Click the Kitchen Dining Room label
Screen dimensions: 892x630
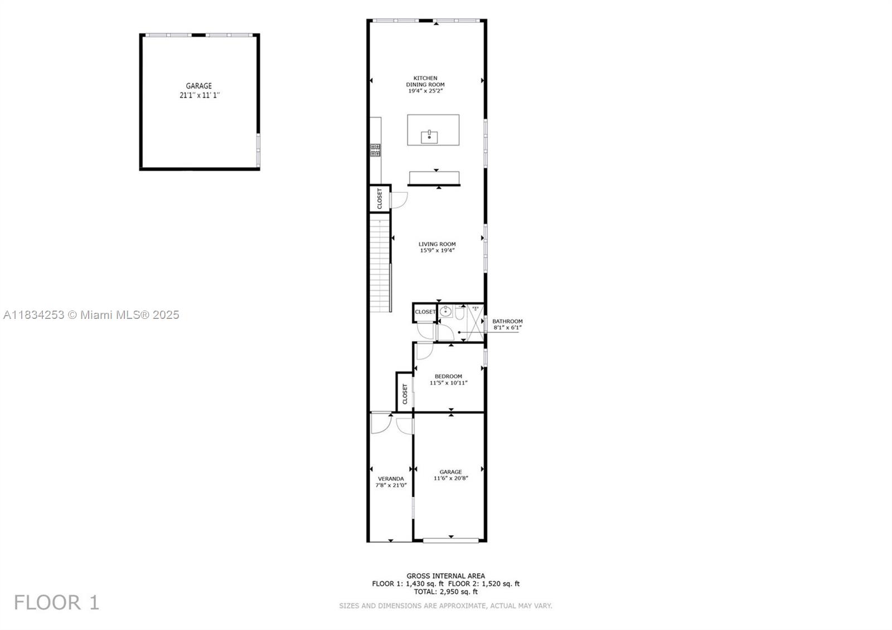(425, 81)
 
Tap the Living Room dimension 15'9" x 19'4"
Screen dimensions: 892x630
(437, 250)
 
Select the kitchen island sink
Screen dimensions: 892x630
(429, 137)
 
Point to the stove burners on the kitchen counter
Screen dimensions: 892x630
(375, 150)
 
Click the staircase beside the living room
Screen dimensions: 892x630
(380, 263)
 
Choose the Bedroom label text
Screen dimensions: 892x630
(448, 376)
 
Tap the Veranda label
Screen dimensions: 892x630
(391, 479)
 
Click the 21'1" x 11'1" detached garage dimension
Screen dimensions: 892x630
(200, 95)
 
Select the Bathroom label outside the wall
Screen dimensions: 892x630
(507, 321)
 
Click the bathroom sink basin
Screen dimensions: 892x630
(445, 312)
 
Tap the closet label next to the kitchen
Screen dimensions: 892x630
(380, 198)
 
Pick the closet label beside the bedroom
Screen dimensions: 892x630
(405, 394)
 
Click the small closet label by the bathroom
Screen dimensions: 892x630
(425, 312)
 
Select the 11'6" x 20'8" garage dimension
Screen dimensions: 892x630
(451, 478)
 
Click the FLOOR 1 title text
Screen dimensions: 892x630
(56, 603)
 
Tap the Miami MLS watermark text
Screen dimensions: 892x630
(91, 315)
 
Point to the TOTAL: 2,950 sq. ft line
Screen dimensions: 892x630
(445, 592)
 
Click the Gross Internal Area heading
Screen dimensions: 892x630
(445, 576)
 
